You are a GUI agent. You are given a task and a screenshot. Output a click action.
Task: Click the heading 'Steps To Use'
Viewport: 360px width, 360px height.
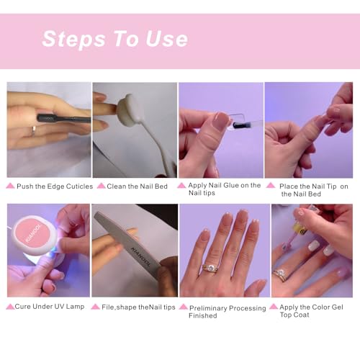coord(114,39)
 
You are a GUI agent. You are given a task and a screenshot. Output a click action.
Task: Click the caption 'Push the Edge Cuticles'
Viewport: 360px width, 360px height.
coord(55,186)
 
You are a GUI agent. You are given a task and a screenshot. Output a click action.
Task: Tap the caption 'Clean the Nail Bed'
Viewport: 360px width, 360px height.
coord(137,186)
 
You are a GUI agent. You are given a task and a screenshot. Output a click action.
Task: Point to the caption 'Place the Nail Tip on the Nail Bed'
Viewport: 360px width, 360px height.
coord(313,189)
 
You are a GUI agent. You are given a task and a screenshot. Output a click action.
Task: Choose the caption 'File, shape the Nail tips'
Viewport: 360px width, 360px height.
coord(138,306)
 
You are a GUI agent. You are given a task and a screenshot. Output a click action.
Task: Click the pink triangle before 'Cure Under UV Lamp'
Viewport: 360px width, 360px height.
coord(10,307)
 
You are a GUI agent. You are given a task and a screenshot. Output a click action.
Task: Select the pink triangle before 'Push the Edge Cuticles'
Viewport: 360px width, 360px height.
coord(10,186)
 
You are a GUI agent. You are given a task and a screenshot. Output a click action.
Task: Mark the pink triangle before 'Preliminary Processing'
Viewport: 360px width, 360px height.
coord(184,307)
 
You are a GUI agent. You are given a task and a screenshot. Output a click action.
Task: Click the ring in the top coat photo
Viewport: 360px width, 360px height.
coord(280,275)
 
